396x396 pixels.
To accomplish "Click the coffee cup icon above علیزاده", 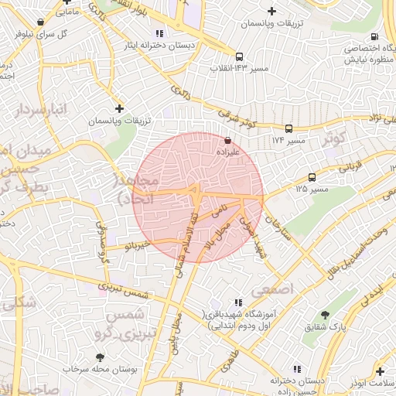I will [227, 142].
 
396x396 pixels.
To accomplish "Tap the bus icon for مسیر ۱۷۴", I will [288, 128].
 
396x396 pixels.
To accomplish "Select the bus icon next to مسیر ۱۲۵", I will [312, 177].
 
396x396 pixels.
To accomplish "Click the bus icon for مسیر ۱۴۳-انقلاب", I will [240, 56].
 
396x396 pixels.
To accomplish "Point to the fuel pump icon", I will [374, 36].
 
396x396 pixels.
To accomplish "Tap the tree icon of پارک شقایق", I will [324, 315].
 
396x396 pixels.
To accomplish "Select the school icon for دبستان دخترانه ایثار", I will [159, 33].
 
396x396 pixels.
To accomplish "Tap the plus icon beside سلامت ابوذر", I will [380, 370].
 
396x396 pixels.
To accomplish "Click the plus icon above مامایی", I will [61, 2].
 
